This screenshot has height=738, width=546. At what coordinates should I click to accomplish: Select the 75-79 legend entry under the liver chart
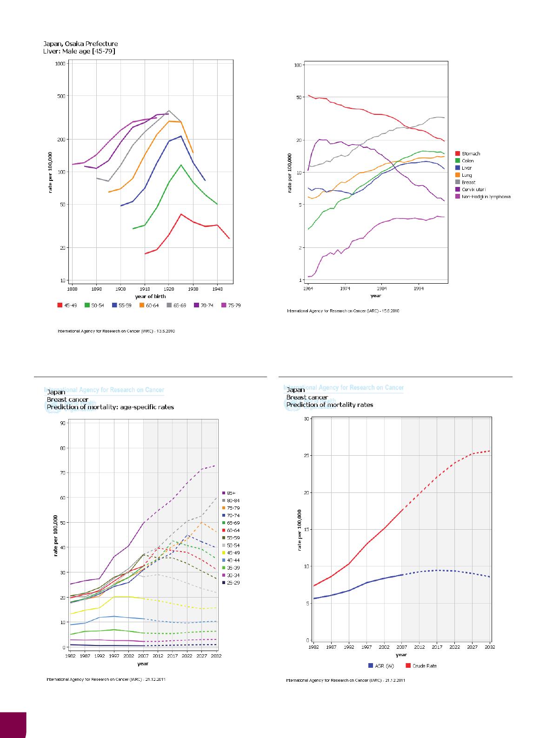231,306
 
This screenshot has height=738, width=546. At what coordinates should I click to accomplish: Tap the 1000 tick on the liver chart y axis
59,64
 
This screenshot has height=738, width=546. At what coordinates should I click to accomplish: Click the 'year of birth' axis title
150,296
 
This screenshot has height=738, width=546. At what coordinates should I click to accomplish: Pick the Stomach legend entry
471,153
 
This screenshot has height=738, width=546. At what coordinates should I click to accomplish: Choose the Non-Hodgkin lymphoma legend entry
486,197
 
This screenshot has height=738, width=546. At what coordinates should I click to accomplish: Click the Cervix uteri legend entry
473,190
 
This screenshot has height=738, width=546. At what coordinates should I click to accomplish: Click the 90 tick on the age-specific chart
62,423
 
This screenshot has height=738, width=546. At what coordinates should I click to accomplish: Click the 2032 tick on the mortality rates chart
490,647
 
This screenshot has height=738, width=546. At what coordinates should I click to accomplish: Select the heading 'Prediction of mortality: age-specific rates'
110,407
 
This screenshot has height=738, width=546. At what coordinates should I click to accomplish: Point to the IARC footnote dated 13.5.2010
116,332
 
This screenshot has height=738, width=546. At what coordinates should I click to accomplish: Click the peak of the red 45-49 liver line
181,214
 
